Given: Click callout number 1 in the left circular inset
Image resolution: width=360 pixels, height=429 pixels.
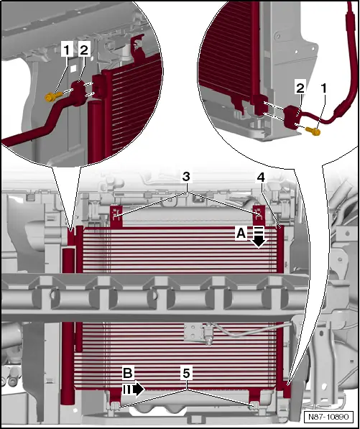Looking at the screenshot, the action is (67, 50).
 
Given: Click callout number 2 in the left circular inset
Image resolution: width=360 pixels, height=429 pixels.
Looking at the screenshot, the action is (84, 50).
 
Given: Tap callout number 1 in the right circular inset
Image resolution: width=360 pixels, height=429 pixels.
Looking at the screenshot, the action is (324, 88).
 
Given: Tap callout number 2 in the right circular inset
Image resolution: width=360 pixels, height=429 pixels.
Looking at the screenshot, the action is (300, 88).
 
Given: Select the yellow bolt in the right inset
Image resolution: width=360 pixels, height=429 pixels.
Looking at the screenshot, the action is (313, 132).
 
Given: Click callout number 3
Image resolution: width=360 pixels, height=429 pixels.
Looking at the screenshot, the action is (186, 177).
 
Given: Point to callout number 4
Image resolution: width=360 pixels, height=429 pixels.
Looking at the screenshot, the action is (261, 178).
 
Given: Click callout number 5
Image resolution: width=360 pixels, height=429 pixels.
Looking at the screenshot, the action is (186, 373).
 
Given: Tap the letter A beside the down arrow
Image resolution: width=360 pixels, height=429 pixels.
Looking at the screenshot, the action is (241, 234).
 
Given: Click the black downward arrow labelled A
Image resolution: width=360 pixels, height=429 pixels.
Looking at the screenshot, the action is (259, 237).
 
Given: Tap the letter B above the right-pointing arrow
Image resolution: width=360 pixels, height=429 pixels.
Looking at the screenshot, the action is (128, 373).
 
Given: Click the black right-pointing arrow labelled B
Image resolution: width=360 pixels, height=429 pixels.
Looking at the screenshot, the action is (134, 389).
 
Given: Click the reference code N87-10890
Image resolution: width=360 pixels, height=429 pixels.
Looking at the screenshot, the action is (328, 417).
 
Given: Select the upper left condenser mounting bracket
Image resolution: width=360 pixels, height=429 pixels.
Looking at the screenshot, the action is (116, 216).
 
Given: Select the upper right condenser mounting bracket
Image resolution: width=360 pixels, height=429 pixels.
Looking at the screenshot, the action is (258, 216).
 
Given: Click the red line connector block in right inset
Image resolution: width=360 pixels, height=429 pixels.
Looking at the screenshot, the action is (292, 118).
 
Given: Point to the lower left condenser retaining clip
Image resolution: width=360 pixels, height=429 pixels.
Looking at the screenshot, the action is (115, 405).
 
